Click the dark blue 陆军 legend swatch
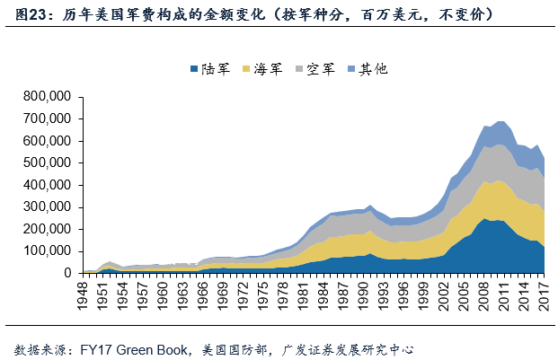(194, 69)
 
